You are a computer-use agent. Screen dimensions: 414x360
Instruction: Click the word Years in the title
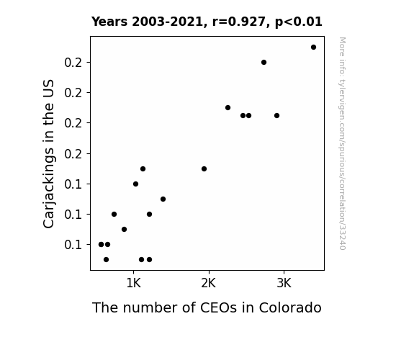[109, 22]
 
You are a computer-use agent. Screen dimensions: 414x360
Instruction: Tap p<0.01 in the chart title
[299, 22]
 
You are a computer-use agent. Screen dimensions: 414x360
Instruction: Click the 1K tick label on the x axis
[134, 284]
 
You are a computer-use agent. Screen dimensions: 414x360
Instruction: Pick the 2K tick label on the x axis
[209, 284]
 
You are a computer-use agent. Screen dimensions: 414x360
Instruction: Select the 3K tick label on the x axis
[284, 284]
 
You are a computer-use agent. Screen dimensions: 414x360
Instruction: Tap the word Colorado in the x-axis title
[290, 307]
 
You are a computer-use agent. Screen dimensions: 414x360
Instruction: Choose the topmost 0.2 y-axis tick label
[73, 63]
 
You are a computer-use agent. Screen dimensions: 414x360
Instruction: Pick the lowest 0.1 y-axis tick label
[73, 245]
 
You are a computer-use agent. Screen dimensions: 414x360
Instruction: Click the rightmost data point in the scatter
[313, 48]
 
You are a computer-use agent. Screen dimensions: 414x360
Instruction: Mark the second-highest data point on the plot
[264, 63]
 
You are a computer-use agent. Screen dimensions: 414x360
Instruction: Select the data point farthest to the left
[101, 244]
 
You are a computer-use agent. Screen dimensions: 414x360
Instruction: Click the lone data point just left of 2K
[204, 168]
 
